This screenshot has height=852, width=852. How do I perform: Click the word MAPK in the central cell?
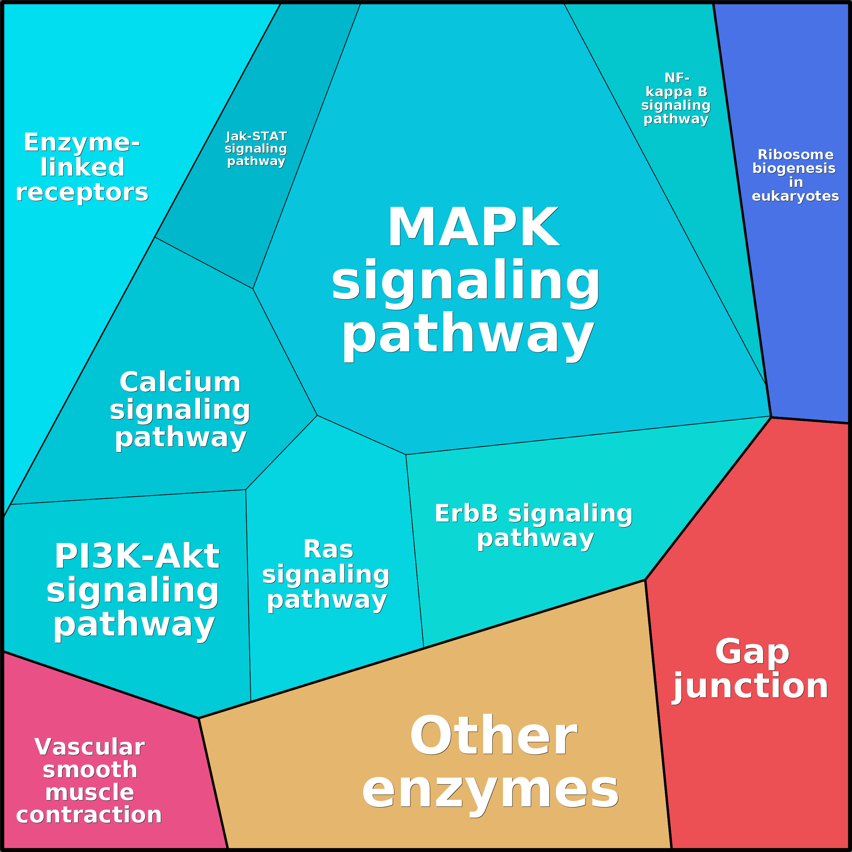coord(473,228)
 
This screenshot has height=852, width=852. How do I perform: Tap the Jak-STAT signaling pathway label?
coord(256,149)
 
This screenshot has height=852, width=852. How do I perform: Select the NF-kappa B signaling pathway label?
coord(676,98)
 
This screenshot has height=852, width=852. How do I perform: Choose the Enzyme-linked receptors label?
coord(82,167)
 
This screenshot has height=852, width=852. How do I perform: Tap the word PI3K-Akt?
coord(137,557)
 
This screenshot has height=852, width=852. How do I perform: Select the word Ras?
coord(328,549)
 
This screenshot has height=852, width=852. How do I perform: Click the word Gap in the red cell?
coord(752,652)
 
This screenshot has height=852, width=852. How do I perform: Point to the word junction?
coord(750,686)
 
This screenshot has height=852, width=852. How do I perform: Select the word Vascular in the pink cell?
coord(90,747)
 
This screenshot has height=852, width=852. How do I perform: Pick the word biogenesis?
coord(793,169)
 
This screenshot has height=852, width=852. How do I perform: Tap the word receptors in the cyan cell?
coord(82,192)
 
